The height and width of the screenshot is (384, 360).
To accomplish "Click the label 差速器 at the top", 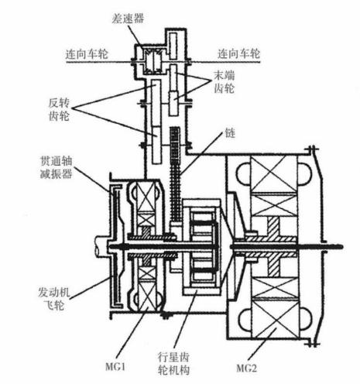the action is tap(128, 19).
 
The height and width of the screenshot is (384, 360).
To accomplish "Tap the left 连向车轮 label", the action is tap(87, 54).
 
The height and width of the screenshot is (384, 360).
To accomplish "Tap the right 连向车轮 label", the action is tap(238, 53).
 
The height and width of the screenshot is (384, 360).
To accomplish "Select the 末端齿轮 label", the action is tap(225, 82).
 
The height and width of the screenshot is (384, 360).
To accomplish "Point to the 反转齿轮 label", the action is tap(59, 109).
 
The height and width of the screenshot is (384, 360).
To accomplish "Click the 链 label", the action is tap(230, 133).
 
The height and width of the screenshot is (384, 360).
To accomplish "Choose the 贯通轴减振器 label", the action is tap(56, 167).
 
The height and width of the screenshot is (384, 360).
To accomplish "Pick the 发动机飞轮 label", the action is tap(54, 299).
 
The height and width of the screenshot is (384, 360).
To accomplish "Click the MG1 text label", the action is tap(115, 366).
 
